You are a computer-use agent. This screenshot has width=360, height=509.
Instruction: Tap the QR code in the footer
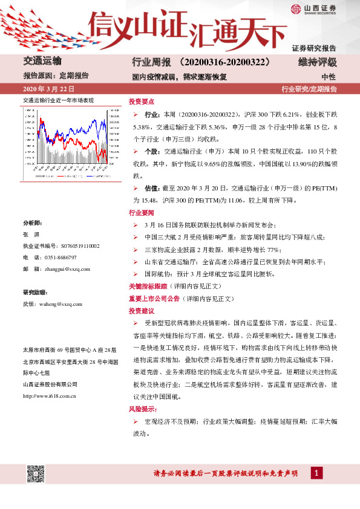(35, 474)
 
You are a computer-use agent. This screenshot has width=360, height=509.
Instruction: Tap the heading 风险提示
(141, 409)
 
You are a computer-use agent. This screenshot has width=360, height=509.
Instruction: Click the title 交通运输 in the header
(42, 62)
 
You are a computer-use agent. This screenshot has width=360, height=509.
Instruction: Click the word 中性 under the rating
(329, 77)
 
